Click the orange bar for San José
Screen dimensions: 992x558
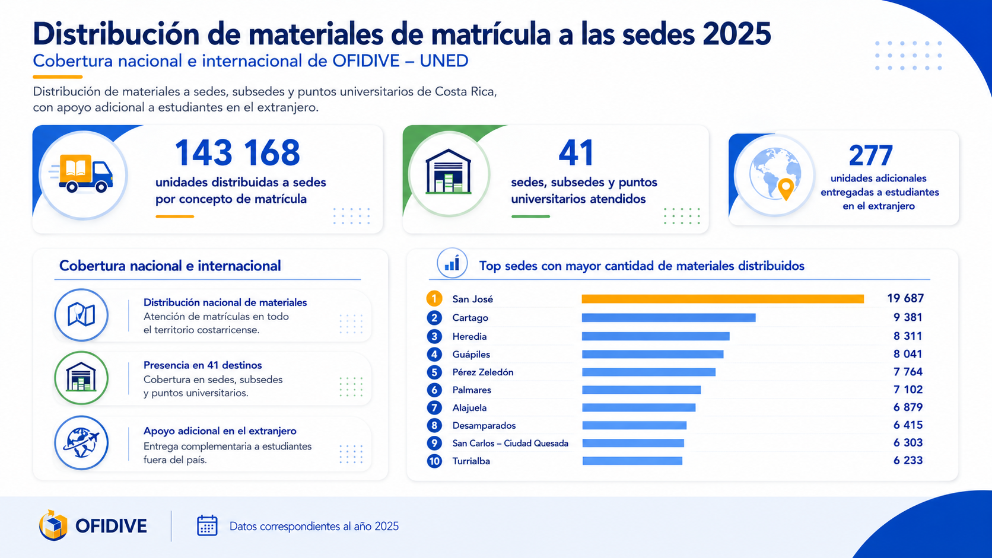(x=723, y=299)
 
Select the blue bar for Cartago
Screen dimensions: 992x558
(x=669, y=318)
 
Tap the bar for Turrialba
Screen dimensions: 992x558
(x=632, y=461)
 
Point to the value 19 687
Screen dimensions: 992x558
(x=905, y=299)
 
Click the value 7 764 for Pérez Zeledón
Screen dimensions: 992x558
(x=908, y=372)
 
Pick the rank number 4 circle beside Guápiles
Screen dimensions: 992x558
(x=434, y=355)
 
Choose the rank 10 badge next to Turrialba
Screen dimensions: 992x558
(x=434, y=461)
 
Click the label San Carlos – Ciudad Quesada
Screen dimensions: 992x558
(x=510, y=444)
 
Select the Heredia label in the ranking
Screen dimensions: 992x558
(x=469, y=337)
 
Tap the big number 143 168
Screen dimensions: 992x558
(x=237, y=152)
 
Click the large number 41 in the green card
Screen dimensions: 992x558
(x=576, y=152)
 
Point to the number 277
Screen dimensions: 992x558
(x=870, y=156)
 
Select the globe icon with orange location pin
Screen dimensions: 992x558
(x=775, y=174)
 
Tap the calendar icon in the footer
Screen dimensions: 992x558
(x=207, y=526)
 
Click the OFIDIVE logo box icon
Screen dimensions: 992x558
(x=53, y=525)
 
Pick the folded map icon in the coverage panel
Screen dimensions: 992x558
(x=81, y=315)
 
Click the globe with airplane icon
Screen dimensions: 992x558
(x=81, y=442)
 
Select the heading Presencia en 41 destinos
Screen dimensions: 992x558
(x=202, y=365)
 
